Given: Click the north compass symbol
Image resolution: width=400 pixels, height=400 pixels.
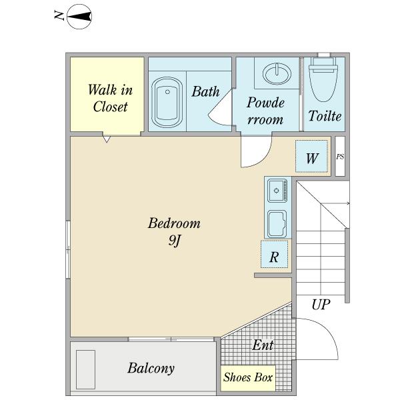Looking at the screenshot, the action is click(79, 17).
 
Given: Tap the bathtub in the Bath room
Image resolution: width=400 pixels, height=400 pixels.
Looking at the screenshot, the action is click(167, 103).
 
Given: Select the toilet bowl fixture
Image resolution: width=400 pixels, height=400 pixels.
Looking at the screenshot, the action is click(323, 79).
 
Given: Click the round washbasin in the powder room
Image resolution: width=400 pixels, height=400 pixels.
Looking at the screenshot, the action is click(277, 74).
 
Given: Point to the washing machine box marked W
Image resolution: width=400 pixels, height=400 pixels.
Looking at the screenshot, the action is click(311, 156).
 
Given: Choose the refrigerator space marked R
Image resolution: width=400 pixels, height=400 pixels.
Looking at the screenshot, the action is click(274, 254).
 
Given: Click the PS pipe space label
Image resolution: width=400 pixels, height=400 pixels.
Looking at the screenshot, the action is click(340, 157).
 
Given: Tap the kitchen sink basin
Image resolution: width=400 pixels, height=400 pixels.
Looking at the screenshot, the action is click(277, 191).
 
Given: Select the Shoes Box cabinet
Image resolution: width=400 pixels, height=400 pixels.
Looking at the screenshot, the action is click(248, 378).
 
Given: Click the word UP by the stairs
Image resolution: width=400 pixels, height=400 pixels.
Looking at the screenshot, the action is click(321, 304).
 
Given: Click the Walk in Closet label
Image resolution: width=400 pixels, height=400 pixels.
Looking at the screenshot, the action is click(110, 98).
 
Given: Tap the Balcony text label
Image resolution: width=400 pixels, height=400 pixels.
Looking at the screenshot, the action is click(151, 368).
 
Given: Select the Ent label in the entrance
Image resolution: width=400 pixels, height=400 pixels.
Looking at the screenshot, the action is click(263, 345).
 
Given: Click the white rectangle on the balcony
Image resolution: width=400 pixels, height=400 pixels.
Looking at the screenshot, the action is click(86, 369).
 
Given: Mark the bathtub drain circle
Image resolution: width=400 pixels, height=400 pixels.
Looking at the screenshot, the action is click(167, 92).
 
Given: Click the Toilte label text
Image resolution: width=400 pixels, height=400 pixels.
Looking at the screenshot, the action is click(325, 116).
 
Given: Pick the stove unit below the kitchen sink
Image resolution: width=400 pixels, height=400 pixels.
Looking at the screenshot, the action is click(277, 224).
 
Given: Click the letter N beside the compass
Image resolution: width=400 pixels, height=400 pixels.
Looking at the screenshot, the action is click(59, 15).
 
